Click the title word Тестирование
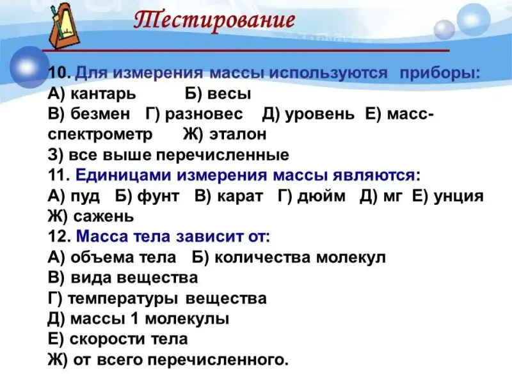click(x=214, y=20)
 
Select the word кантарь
click(x=103, y=94)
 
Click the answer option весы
click(x=229, y=94)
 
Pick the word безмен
click(x=100, y=114)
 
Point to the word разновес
click(x=204, y=115)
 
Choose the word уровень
click(x=319, y=115)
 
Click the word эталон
click(x=237, y=134)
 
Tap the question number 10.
click(x=60, y=72)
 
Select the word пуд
click(x=85, y=196)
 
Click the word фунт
click(x=158, y=196)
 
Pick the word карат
click(x=240, y=196)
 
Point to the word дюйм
click(x=321, y=196)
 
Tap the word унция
click(x=458, y=196)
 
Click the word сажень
click(x=104, y=217)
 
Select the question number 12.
click(x=60, y=236)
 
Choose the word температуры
click(x=123, y=299)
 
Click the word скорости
click(x=108, y=340)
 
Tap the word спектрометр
click(x=100, y=135)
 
